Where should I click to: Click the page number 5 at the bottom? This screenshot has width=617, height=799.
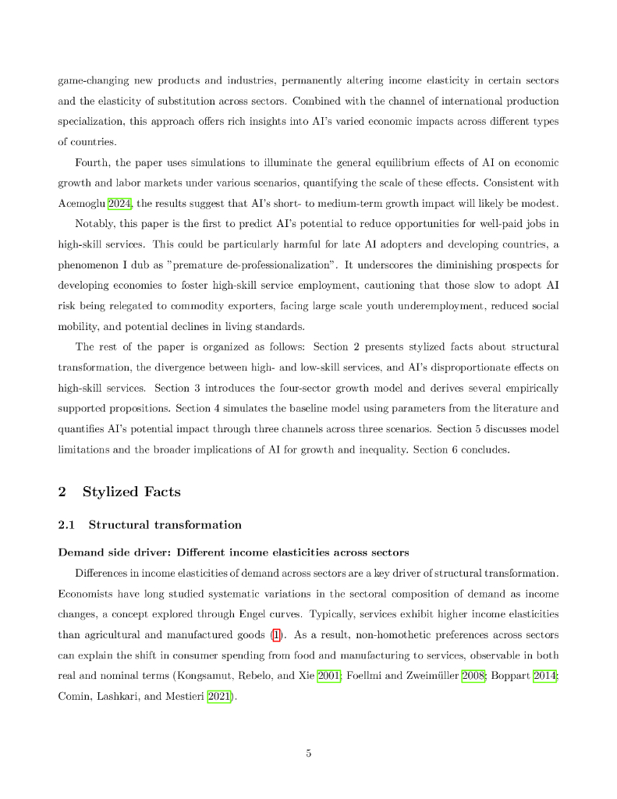click(x=308, y=753)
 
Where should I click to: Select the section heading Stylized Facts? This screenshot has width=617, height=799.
click(x=131, y=492)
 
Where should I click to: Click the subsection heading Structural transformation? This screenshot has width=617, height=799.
click(x=165, y=524)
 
